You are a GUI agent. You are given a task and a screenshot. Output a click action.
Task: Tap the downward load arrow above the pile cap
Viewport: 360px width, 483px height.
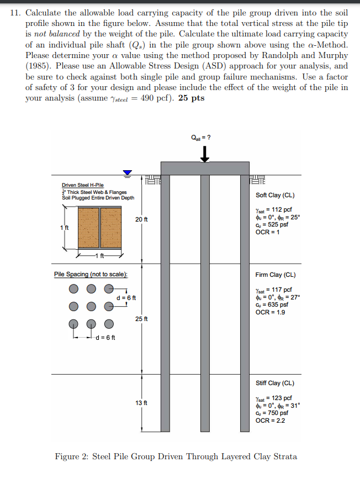tap(205, 153)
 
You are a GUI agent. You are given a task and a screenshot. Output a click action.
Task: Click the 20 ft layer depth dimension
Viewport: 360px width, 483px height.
tap(141, 219)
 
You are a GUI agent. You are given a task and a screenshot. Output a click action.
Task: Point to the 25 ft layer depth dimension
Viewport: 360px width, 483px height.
tap(141, 319)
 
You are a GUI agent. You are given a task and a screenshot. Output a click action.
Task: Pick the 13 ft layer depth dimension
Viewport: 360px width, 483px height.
tap(141, 403)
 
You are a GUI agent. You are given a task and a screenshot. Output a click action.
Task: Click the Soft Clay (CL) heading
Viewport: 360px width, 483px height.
tap(275, 195)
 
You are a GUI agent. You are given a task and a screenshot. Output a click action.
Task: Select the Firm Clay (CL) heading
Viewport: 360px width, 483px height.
tap(275, 275)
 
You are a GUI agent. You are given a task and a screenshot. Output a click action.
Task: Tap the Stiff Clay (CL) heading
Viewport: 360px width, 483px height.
tap(275, 383)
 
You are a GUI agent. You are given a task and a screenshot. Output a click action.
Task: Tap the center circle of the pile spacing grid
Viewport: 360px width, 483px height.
tap(92, 306)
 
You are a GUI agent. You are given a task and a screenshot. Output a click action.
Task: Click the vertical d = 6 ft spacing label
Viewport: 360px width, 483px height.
tap(126, 298)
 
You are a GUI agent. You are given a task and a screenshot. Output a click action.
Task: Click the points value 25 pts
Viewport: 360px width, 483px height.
tap(192, 98)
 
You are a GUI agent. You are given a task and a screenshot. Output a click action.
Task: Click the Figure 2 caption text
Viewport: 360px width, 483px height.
tap(176, 456)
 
